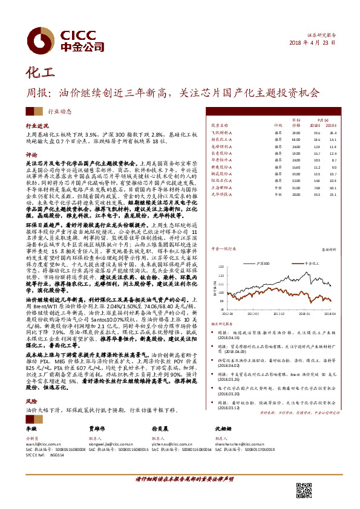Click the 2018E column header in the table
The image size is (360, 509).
[x=316, y=126]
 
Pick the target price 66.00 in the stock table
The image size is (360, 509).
[x=296, y=138]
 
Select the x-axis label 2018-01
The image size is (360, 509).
[x=304, y=314]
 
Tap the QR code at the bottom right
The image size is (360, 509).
[x=304, y=490]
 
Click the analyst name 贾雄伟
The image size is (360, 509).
[x=97, y=428]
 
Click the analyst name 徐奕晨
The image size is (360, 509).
[x=160, y=428]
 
